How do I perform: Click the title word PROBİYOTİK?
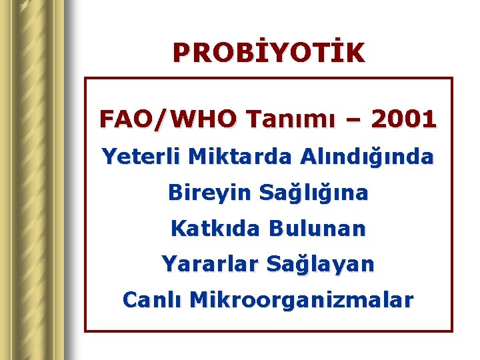[x=269, y=53]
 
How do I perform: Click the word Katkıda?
[x=215, y=229]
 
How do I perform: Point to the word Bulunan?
[x=317, y=229]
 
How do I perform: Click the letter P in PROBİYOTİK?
[x=181, y=53]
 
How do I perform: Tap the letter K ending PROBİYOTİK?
[x=355, y=53]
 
